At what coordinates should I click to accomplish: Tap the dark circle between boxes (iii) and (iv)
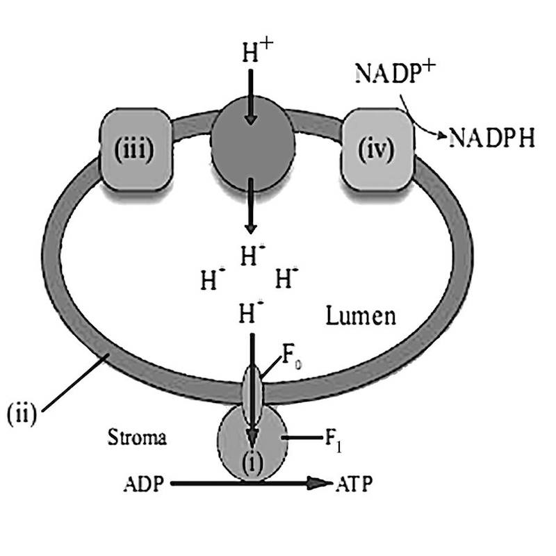pos(252,148)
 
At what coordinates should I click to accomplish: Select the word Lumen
pos(361,316)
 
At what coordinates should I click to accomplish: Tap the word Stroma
pos(138,438)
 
